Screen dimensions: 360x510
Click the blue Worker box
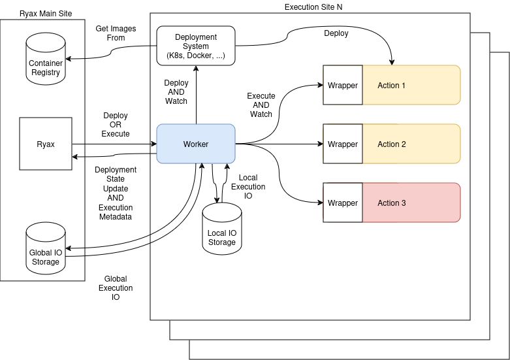[x=196, y=144]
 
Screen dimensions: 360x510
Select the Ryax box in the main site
[x=46, y=144]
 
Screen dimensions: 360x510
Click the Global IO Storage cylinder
[x=46, y=248]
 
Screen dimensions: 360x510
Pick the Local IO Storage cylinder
[x=222, y=229]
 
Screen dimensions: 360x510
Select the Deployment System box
[x=196, y=46]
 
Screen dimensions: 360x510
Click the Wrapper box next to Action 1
[x=343, y=85]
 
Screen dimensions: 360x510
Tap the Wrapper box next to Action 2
[x=343, y=144]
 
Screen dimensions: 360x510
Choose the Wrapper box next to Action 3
[x=343, y=203]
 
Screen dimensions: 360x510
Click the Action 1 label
[x=392, y=86]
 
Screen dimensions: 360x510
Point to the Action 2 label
[x=392, y=144]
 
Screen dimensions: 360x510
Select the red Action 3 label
[x=392, y=203]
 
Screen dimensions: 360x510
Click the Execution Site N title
[x=313, y=7]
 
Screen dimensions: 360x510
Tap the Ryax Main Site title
[x=46, y=14]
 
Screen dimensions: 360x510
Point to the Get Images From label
[x=110, y=33]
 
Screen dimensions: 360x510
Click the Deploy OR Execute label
[x=116, y=125]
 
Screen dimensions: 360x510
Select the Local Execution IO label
[x=248, y=187]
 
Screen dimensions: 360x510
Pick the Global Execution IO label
[x=116, y=288]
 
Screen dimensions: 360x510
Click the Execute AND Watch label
[x=261, y=105]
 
